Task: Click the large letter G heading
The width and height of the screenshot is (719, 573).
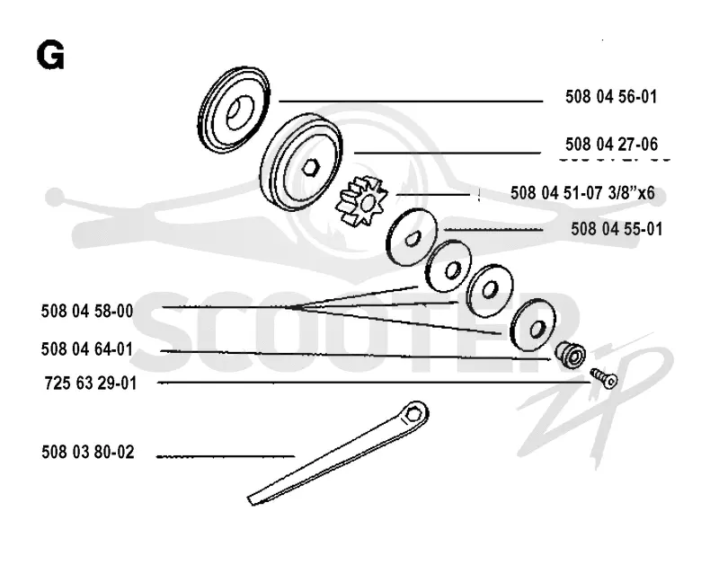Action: (x=50, y=55)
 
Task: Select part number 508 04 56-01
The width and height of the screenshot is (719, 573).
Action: (x=611, y=97)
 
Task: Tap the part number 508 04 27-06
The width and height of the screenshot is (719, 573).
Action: (x=611, y=145)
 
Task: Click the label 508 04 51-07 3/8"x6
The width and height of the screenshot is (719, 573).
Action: (x=582, y=192)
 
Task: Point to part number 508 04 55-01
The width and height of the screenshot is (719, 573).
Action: (x=617, y=229)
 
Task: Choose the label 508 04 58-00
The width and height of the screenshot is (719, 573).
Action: (x=87, y=312)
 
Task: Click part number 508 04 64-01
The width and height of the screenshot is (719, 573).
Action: (x=86, y=349)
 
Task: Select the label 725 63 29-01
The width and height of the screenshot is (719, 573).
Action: (x=91, y=383)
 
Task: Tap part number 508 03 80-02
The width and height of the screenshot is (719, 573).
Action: (x=87, y=453)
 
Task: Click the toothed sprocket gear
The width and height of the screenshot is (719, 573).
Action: (x=362, y=201)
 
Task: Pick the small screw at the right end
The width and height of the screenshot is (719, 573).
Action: (x=604, y=378)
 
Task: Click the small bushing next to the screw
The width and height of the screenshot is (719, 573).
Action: (x=571, y=353)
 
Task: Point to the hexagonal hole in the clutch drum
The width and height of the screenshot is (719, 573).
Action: (x=311, y=167)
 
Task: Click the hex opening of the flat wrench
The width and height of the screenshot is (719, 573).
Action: (x=414, y=413)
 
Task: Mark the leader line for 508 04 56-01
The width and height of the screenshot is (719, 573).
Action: (x=411, y=101)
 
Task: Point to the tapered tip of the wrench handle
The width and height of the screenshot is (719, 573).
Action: (x=251, y=500)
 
